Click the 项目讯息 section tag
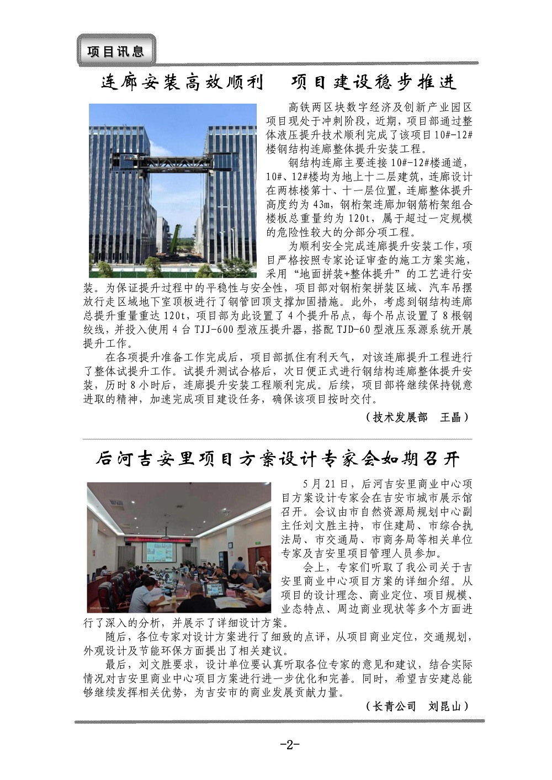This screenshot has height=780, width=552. pyautogui.click(x=116, y=51)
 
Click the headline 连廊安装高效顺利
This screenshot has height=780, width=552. pyautogui.click(x=182, y=83)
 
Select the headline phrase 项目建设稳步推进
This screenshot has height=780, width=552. pyautogui.click(x=374, y=83)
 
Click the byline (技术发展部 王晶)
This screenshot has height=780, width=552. pyautogui.click(x=417, y=417)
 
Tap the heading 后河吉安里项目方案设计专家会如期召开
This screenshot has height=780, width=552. pyautogui.click(x=277, y=459)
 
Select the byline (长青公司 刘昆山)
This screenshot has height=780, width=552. pyautogui.click(x=417, y=706)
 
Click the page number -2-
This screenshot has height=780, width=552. pyautogui.click(x=289, y=745)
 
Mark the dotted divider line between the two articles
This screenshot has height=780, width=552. pyautogui.click(x=277, y=439)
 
